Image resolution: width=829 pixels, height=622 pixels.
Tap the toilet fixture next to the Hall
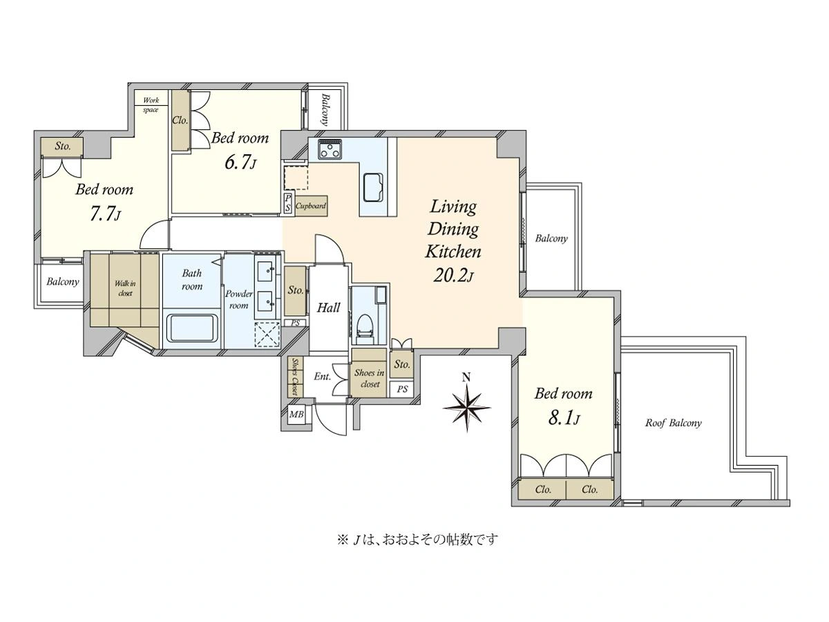(x=365, y=329)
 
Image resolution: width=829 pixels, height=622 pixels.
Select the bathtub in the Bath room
(x=192, y=328)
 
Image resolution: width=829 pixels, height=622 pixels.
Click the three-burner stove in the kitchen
(x=330, y=149)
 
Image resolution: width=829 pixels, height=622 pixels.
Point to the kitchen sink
(x=373, y=188)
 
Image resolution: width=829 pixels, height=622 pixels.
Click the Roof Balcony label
(x=673, y=423)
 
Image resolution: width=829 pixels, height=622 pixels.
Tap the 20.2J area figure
(x=452, y=276)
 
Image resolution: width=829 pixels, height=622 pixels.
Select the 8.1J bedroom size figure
(x=563, y=418)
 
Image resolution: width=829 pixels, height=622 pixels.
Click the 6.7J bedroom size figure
(x=240, y=163)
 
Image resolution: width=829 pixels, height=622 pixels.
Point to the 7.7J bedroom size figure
(x=105, y=214)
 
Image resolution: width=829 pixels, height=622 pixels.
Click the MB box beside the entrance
(x=296, y=414)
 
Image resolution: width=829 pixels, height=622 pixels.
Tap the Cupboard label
(x=311, y=206)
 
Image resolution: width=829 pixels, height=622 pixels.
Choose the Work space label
(x=151, y=105)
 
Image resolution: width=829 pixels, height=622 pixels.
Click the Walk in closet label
(x=125, y=288)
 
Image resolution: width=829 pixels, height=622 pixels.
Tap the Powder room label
(x=239, y=299)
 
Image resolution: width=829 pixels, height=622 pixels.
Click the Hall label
(x=328, y=308)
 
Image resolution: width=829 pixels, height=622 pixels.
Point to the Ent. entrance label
(x=322, y=377)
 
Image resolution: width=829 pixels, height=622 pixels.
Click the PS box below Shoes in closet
(x=402, y=389)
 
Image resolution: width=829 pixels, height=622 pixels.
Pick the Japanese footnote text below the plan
(x=417, y=540)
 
